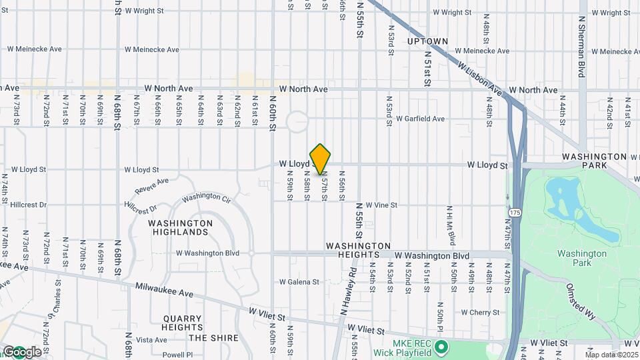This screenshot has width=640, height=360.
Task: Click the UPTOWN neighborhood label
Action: point(427,41)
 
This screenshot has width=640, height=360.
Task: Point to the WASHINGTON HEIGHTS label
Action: point(358,246)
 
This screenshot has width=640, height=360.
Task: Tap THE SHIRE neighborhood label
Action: point(215,338)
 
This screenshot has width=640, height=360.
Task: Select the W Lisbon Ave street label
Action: point(478,78)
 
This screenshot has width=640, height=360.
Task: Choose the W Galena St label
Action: point(299,282)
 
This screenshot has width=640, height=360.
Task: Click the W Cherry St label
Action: point(476,312)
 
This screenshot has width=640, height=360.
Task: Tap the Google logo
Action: point(22,351)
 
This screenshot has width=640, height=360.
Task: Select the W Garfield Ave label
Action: point(420,119)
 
